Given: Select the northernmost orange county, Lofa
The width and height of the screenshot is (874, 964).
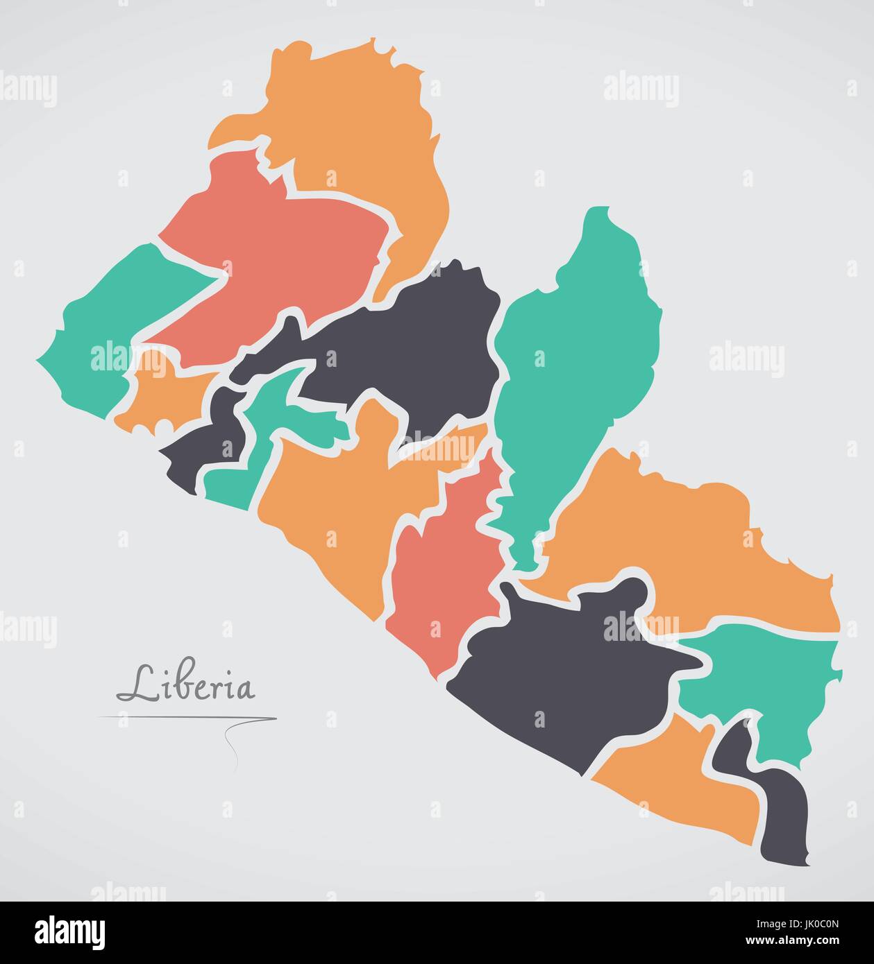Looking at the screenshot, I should click(354, 118).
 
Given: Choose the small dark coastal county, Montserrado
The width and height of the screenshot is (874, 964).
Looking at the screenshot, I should click(201, 444).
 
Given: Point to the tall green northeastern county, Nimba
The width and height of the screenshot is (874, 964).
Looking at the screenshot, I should click(576, 361).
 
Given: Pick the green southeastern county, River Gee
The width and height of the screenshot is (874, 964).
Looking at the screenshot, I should click(771, 680).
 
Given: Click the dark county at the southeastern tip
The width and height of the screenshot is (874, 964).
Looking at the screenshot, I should click(784, 811).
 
